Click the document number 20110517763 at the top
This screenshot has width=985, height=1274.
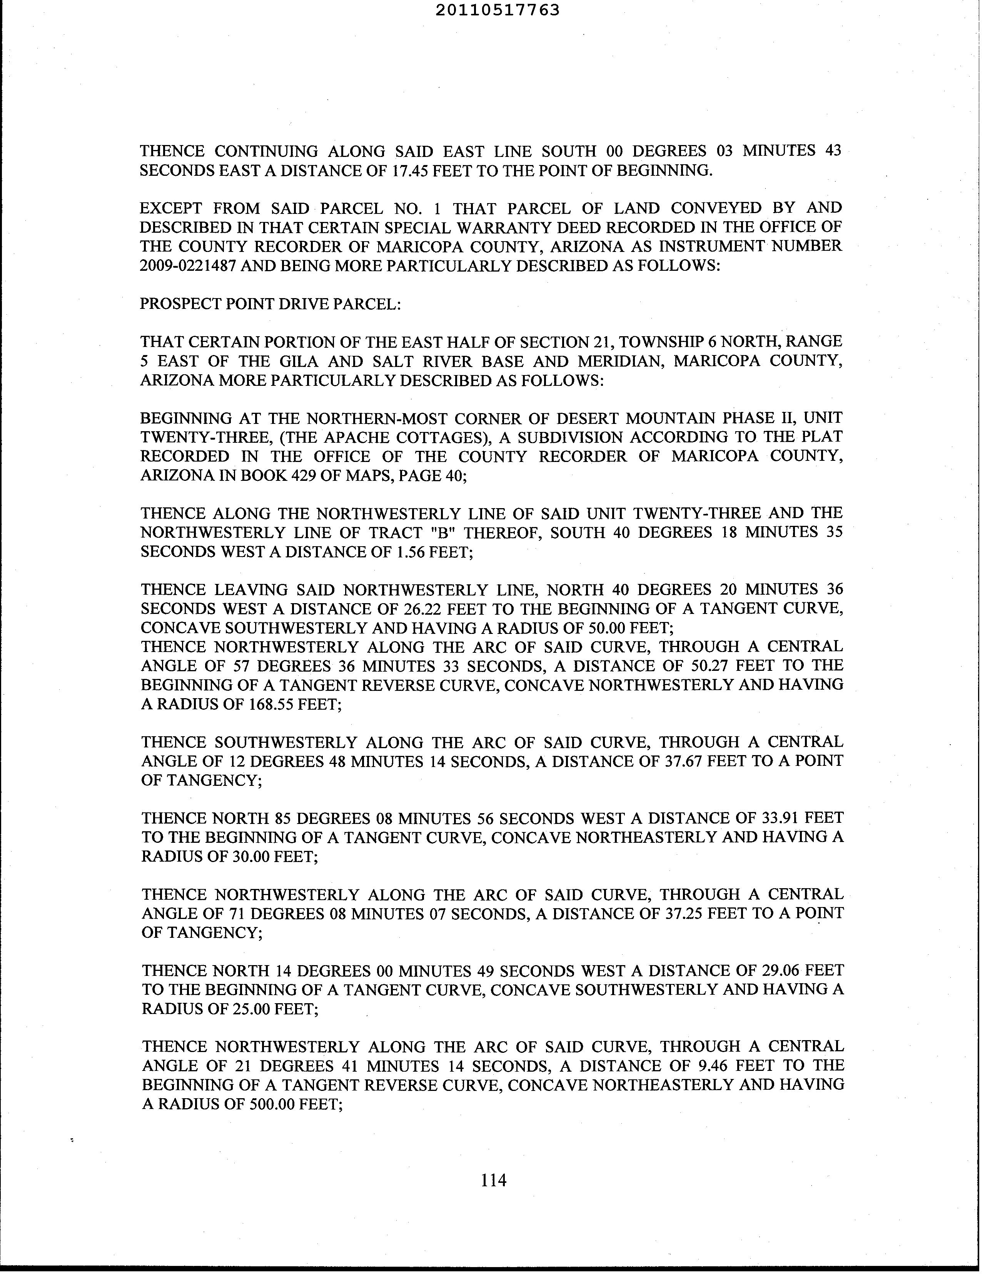click(x=497, y=10)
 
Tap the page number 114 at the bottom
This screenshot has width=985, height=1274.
click(x=493, y=1180)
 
